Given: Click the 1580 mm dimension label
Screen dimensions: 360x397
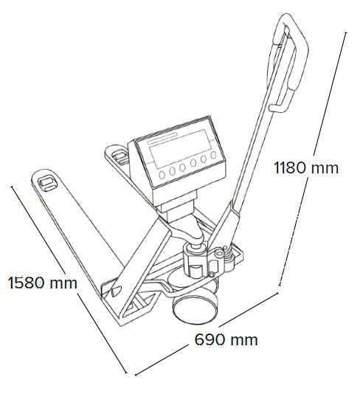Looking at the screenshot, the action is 43,283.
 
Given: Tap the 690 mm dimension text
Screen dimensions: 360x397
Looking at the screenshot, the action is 226,339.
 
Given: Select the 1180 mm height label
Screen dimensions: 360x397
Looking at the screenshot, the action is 306,168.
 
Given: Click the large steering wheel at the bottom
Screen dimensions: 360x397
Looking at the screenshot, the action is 195,309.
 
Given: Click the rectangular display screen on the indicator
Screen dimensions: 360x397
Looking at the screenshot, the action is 181,148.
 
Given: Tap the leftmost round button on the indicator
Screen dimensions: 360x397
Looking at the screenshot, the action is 162,174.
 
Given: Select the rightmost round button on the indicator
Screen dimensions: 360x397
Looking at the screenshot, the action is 214,155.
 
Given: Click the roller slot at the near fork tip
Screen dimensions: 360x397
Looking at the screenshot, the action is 46,183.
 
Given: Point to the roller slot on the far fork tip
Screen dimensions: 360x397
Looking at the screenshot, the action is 120,157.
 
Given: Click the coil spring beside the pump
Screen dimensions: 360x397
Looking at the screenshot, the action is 229,258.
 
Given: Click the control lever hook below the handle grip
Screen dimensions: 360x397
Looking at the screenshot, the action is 278,108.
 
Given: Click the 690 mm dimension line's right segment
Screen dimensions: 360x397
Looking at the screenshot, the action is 249,309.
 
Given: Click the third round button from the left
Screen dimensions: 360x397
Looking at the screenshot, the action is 183,167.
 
